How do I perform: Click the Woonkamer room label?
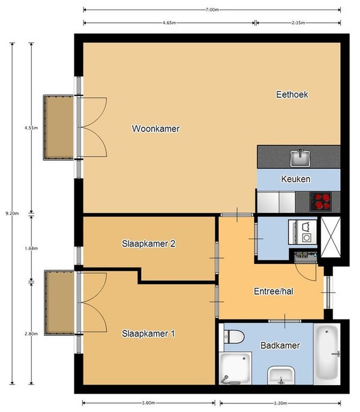coord(155,129)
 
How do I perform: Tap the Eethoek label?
coord(292,95)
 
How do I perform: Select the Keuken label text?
coord(296,179)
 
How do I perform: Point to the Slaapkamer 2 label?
coord(149,243)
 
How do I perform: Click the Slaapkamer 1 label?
coord(148,333)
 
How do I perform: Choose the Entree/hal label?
coord(274,291)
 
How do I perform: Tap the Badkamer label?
coord(280,345)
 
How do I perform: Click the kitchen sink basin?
coord(300,158)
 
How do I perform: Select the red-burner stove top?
coord(320,202)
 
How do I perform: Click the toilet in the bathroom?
coord(234,336)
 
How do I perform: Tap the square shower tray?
coord(235,368)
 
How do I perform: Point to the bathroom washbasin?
coord(281,376)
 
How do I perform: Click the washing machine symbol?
coord(303,232)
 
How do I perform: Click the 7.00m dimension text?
coord(212,10)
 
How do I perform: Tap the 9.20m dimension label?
coord(12,213)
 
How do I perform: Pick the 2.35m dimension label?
coord(298,23)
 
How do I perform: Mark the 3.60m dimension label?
coord(149,403)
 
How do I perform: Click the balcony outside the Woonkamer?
coord(59,127)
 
